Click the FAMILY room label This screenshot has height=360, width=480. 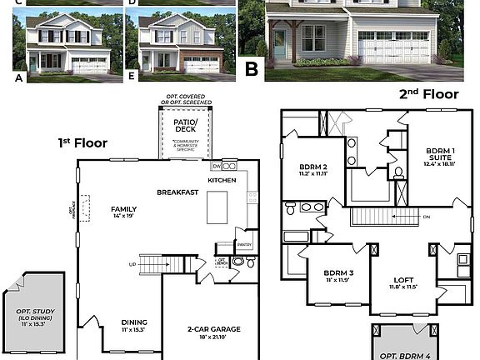click(x=123, y=209)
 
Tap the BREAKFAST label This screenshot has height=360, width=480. click(x=177, y=192)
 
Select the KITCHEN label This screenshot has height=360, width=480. click(x=222, y=180)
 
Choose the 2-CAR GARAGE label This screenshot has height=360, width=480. click(x=213, y=330)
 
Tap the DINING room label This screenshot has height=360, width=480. click(x=134, y=321)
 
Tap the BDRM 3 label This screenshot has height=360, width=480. click(x=339, y=273)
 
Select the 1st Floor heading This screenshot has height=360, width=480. click(x=82, y=142)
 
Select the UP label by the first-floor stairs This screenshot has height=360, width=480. click(x=132, y=264)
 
